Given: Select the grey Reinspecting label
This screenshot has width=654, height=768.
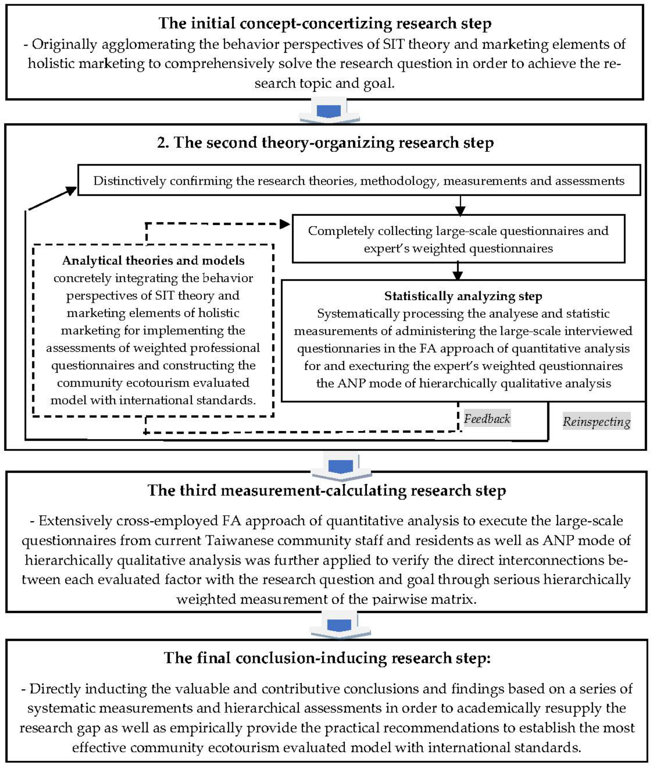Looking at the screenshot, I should click(x=596, y=421).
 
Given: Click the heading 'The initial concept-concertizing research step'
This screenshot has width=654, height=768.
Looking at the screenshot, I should click(x=325, y=23).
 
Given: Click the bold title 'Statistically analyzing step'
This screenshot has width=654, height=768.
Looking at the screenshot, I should click(x=463, y=296).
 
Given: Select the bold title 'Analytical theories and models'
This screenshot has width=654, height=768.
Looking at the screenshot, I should click(x=153, y=261).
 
